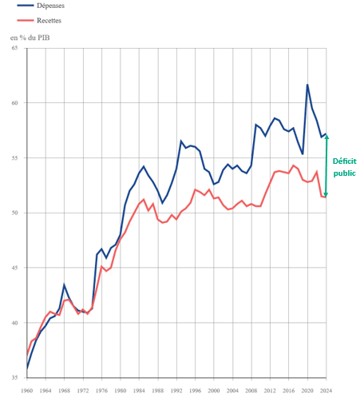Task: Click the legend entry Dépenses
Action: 51,6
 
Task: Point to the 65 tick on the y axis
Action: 14,49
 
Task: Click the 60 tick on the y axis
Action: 14,103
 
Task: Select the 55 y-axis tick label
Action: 14,158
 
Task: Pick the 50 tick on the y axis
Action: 14,213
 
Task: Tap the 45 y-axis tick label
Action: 14,268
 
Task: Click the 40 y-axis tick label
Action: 14,323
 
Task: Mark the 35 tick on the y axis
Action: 14,377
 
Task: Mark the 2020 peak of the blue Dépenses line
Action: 307,85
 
